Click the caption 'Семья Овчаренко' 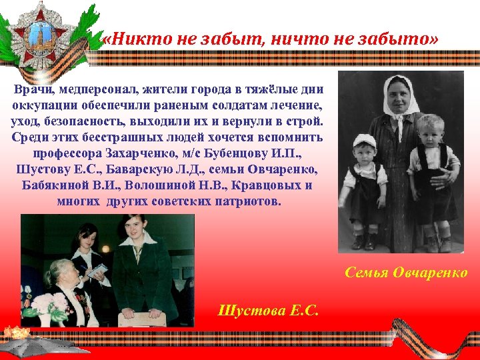(406, 273)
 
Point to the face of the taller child (430, 133)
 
